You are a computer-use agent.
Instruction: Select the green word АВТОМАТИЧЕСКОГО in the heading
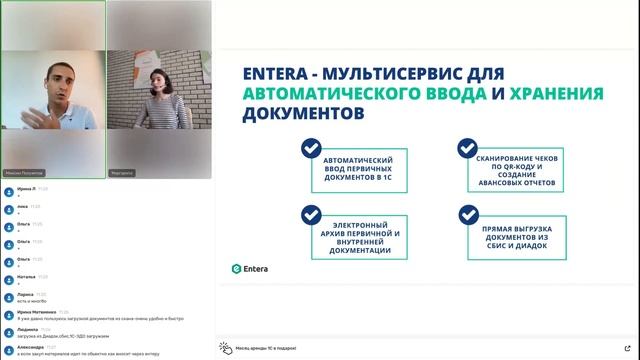348,94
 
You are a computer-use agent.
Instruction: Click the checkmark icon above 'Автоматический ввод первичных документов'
311,149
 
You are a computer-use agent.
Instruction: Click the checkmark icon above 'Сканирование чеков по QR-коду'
467,149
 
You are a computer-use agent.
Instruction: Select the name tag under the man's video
26,172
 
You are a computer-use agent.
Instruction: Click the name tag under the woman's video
122,172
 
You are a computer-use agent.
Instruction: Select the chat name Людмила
27,328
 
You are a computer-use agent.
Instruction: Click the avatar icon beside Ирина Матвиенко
7,313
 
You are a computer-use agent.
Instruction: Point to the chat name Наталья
26,276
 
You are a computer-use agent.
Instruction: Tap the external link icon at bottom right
626,346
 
